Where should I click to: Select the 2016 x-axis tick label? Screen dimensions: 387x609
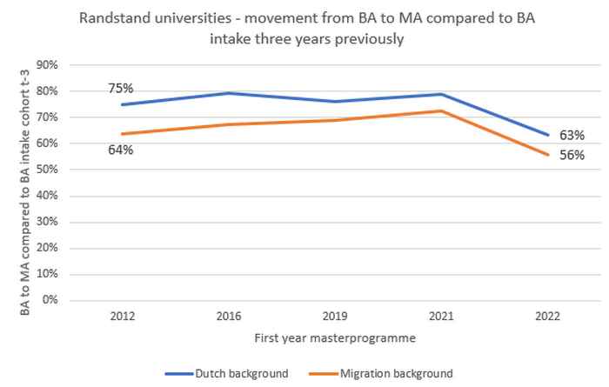pyautogui.click(x=231, y=316)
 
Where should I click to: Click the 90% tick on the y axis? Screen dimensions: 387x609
pyautogui.click(x=46, y=65)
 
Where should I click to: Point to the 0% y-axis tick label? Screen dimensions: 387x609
pyautogui.click(x=50, y=300)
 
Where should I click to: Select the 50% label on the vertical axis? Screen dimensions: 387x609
pyautogui.click(x=46, y=170)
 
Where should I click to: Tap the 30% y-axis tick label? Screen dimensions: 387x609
pyautogui.click(x=46, y=222)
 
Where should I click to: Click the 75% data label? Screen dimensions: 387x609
pyautogui.click(x=120, y=88)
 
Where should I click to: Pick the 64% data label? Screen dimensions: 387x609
pyautogui.click(x=120, y=150)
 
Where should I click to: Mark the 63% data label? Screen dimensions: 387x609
pyautogui.click(x=572, y=136)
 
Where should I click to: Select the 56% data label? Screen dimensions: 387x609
pyautogui.click(x=572, y=155)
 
